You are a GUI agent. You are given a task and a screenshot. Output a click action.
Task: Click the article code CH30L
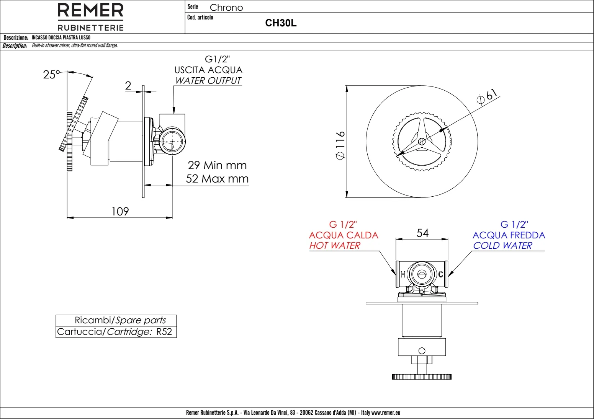click(x=281, y=23)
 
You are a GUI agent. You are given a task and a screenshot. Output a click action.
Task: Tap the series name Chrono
click(x=226, y=8)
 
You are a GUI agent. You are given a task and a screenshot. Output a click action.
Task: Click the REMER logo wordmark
click(x=91, y=11)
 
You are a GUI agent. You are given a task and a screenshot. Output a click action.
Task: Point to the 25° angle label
click(x=51, y=75)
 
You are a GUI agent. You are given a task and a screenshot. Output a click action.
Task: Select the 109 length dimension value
click(x=120, y=212)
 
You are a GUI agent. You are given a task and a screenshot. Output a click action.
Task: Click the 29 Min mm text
click(x=217, y=165)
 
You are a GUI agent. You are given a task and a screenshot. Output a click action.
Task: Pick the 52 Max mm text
click(x=217, y=179)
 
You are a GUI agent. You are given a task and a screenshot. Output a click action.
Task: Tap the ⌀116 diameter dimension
click(x=340, y=145)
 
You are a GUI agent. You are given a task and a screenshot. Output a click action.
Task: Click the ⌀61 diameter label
click(x=487, y=96)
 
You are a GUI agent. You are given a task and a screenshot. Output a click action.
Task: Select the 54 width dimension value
click(x=422, y=233)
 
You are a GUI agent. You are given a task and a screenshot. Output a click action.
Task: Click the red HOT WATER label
click(x=335, y=246)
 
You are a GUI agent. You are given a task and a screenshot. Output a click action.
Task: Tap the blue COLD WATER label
click(x=502, y=246)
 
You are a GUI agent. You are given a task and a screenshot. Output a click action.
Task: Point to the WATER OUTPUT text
click(x=208, y=81)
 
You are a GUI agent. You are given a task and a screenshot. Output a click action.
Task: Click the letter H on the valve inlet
click(x=403, y=274)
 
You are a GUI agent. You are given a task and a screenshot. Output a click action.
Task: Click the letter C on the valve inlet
click(x=441, y=274)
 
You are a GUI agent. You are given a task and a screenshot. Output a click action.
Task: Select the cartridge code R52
click(x=164, y=332)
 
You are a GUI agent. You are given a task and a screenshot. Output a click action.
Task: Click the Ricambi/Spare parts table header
click(x=116, y=320)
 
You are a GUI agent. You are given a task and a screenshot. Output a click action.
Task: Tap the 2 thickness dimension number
click(x=128, y=85)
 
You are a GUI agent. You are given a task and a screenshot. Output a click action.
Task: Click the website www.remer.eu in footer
click(x=386, y=412)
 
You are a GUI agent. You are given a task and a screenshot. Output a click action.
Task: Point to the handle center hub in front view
click(x=422, y=141)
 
